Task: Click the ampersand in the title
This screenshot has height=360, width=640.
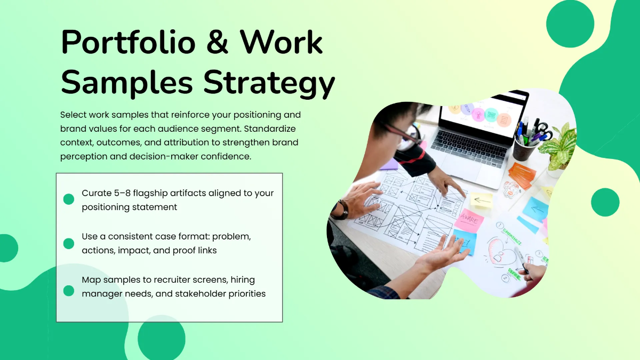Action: [217, 42]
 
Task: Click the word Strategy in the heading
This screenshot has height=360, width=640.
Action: [269, 83]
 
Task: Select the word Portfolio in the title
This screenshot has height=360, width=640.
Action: [129, 42]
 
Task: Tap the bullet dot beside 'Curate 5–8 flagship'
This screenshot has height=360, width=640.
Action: [69, 199]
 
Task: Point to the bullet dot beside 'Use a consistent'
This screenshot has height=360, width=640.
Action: [69, 244]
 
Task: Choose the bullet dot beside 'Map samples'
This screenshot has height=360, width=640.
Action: [69, 291]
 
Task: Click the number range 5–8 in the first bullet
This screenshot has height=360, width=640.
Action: [122, 193]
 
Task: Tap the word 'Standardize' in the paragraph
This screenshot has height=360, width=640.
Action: [270, 129]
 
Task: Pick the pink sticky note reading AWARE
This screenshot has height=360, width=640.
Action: [469, 220]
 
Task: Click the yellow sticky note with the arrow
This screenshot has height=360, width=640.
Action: [481, 199]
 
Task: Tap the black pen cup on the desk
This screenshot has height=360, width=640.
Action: [524, 149]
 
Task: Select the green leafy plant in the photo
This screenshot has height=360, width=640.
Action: [558, 146]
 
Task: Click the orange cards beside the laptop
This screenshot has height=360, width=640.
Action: [522, 175]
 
